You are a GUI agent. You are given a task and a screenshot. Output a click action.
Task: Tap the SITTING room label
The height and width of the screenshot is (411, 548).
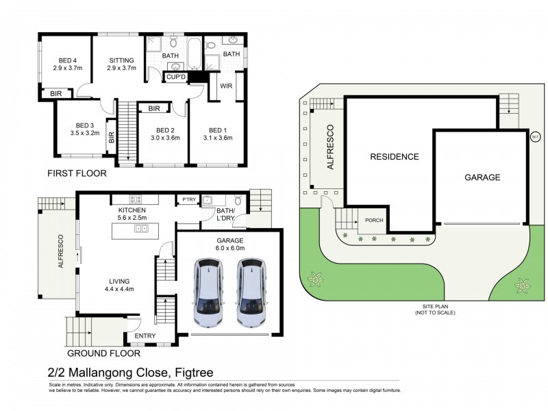click(121, 60)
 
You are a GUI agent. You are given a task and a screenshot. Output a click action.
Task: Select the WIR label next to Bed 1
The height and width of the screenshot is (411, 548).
click(225, 87)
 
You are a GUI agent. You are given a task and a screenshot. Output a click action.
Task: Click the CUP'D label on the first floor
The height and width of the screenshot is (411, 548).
click(175, 77)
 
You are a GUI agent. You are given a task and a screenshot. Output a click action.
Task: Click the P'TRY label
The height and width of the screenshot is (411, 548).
click(188, 200)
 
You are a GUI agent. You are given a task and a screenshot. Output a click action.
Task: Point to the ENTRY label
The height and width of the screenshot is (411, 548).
click(145, 336)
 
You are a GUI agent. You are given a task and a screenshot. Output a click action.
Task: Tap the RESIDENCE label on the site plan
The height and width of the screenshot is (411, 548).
click(394, 157)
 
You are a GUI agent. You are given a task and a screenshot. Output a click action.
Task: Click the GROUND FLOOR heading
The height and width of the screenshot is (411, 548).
click(103, 353)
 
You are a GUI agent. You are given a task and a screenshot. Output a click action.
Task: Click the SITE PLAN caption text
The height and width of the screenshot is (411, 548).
click(434, 307)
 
